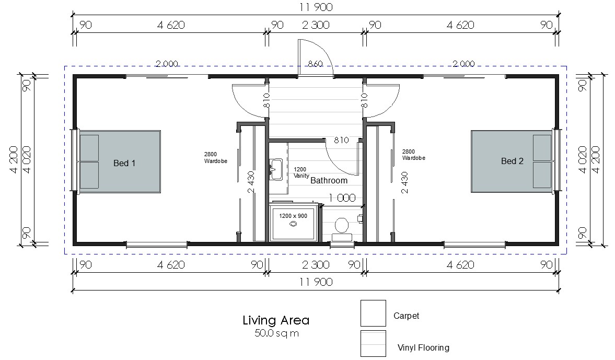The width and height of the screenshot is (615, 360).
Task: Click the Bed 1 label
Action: (x=124, y=163)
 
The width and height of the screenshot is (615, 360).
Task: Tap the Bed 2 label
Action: (x=512, y=161)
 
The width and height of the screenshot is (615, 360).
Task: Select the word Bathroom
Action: (x=329, y=180)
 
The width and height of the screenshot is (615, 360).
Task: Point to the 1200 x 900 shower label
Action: (x=293, y=216)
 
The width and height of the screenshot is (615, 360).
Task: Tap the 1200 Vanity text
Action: (x=301, y=172)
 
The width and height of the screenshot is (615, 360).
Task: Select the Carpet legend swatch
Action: (x=373, y=313)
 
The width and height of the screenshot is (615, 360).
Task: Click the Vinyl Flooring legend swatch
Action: (x=373, y=343)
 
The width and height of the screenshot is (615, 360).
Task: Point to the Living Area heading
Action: (x=276, y=320)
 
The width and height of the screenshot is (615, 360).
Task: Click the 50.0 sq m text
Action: (x=276, y=333)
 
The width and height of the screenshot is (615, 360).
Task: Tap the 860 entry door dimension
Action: (x=316, y=64)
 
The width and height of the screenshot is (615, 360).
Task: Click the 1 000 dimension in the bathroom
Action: (x=342, y=198)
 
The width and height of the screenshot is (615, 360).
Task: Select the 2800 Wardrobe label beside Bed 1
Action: (x=216, y=158)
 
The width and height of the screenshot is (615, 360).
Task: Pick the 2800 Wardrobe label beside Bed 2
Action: (x=414, y=155)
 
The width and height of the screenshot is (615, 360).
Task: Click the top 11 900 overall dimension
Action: (x=316, y=7)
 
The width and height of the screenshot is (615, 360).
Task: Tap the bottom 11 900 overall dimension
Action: (x=316, y=282)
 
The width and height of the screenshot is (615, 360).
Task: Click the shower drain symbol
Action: (x=293, y=224)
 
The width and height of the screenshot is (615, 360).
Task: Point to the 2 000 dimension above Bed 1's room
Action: (x=167, y=64)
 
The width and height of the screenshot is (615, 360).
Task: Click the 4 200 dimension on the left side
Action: (x=14, y=159)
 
